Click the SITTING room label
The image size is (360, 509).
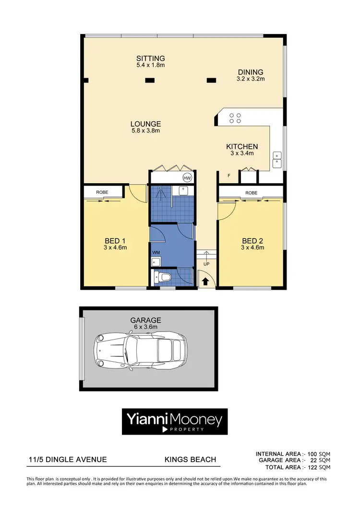coord(151,59)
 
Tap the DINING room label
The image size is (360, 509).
coord(251,72)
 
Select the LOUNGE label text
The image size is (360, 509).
coord(145,124)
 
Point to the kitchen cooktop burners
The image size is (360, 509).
coord(235,118)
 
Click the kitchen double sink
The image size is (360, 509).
coord(277,160)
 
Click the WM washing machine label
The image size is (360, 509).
coord(156,252)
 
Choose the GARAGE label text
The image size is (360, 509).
coord(145,320)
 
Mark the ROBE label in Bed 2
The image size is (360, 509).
coord(251,193)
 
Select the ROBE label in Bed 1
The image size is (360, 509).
coord(102,192)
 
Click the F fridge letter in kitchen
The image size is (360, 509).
coord(229,176)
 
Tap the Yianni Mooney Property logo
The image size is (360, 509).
coord(174,421)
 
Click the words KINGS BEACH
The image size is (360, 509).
coord(190,460)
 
